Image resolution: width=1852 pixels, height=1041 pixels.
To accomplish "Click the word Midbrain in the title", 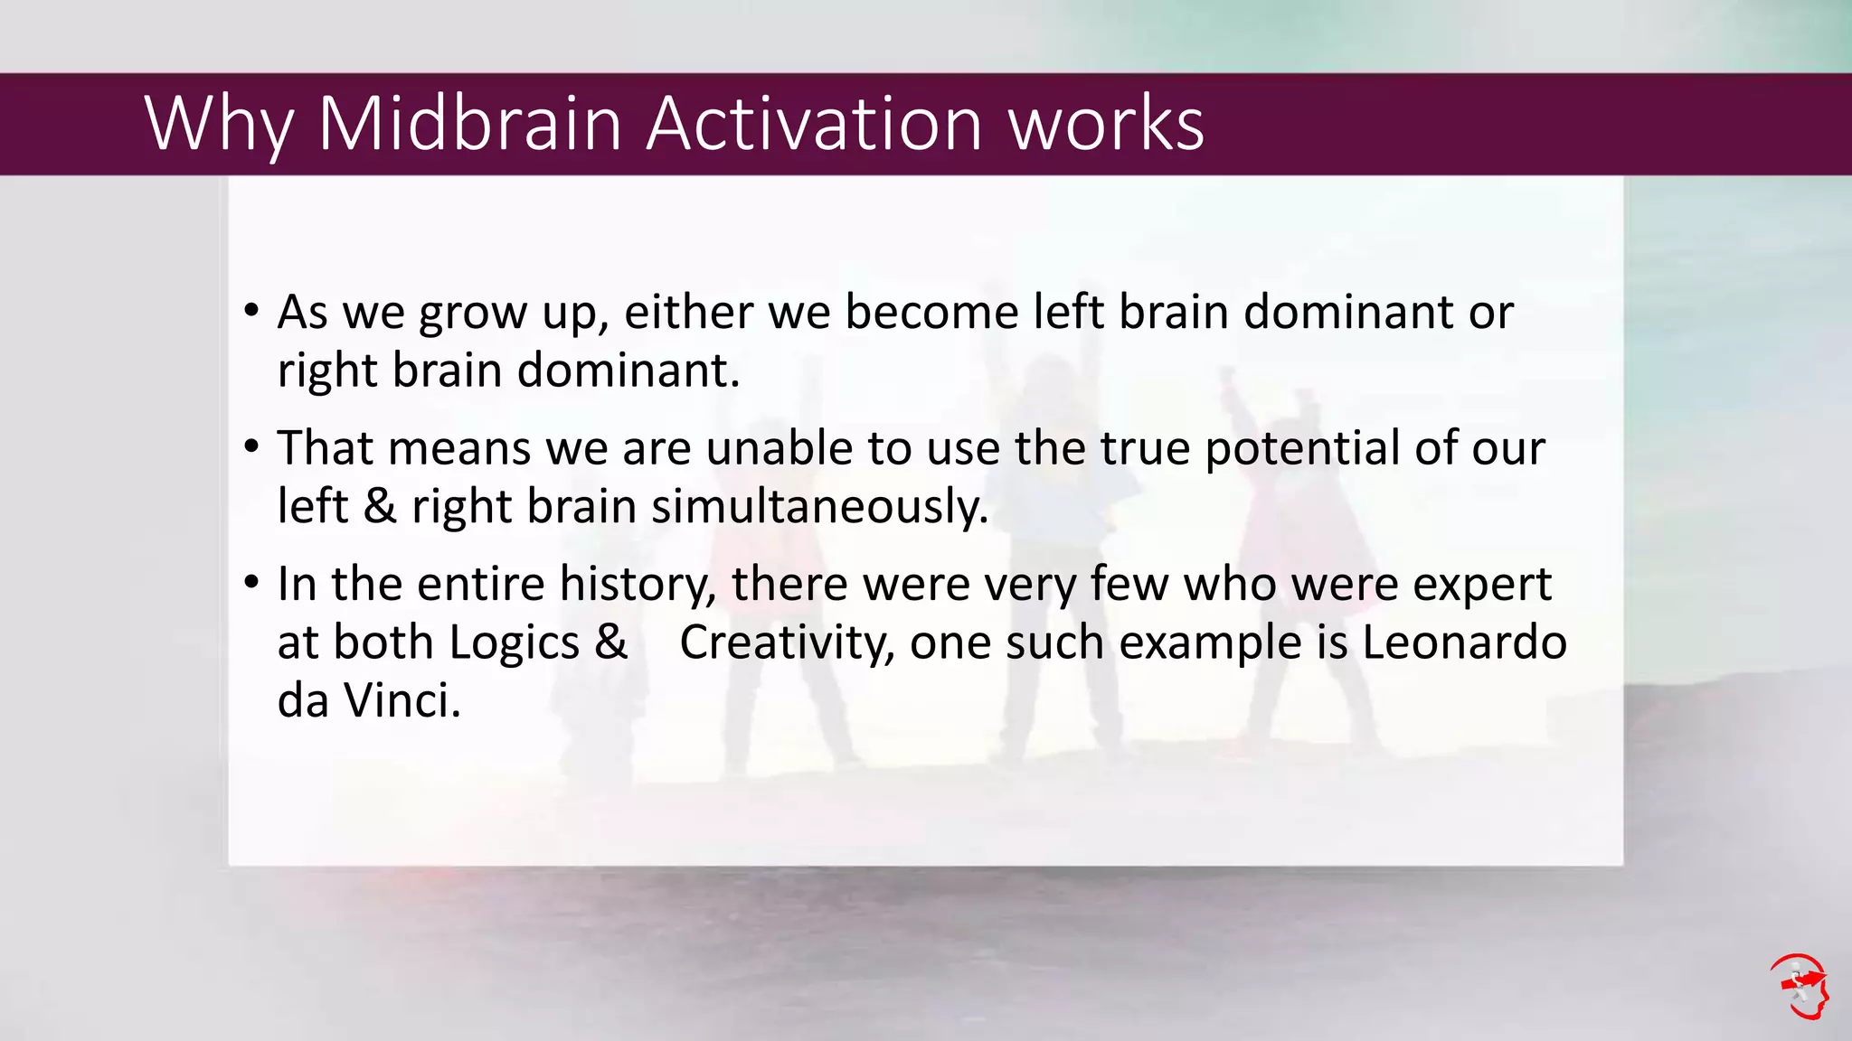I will [x=469, y=124].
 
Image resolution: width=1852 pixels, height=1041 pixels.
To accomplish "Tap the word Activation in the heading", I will [x=814, y=124].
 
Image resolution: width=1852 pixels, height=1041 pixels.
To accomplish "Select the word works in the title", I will [x=1106, y=124].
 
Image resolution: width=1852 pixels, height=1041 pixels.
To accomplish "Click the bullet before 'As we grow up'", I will [x=251, y=312].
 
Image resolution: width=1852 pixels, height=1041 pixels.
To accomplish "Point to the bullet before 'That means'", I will [x=251, y=447].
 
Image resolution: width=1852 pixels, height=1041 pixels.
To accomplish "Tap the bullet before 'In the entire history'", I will [x=251, y=583].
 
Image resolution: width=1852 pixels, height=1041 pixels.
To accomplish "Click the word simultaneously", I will [x=819, y=506].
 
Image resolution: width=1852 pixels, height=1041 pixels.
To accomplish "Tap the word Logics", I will [x=514, y=643].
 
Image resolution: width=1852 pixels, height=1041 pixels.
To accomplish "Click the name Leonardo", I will [x=1464, y=642].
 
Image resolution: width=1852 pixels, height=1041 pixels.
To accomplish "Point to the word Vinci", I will [x=402, y=700].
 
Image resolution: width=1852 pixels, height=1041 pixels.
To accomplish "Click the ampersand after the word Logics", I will [x=611, y=642].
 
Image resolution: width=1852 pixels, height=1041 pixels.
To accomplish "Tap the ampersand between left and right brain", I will [x=380, y=506].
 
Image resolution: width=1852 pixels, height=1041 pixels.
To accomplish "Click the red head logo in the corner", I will [x=1800, y=986].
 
